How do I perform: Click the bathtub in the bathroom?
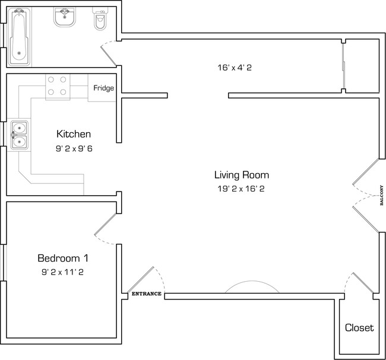[x=19, y=37]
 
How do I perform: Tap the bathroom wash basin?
[x=65, y=17]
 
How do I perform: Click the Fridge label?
[x=104, y=88]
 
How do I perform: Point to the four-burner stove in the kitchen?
[x=58, y=86]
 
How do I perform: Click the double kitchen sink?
[x=19, y=135]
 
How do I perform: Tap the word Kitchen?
[x=74, y=134]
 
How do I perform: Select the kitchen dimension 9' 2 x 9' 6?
[x=74, y=149]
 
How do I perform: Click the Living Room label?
[x=242, y=175]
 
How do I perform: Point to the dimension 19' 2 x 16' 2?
[x=241, y=189]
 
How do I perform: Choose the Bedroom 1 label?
[x=63, y=258]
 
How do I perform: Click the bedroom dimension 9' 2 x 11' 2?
[x=62, y=272]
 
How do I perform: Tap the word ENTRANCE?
[x=147, y=294]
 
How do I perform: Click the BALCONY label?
[x=382, y=195]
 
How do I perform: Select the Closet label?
[x=359, y=328]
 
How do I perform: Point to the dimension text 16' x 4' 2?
[x=235, y=68]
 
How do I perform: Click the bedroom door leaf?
[x=105, y=224]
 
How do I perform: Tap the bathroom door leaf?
[x=109, y=56]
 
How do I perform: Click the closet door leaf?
[x=363, y=283]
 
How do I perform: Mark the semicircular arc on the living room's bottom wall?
[x=252, y=281]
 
